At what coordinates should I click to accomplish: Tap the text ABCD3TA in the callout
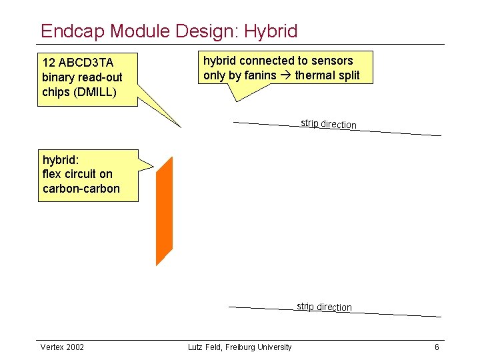[x=86, y=63]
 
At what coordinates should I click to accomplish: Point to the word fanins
[x=259, y=75]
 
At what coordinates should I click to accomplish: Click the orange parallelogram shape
[x=165, y=211]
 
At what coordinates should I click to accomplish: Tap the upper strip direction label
[x=328, y=124]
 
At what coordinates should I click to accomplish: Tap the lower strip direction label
[x=324, y=307]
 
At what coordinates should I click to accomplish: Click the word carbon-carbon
[x=81, y=189]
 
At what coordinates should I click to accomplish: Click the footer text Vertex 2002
[x=63, y=347]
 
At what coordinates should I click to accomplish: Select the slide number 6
[x=437, y=347]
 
